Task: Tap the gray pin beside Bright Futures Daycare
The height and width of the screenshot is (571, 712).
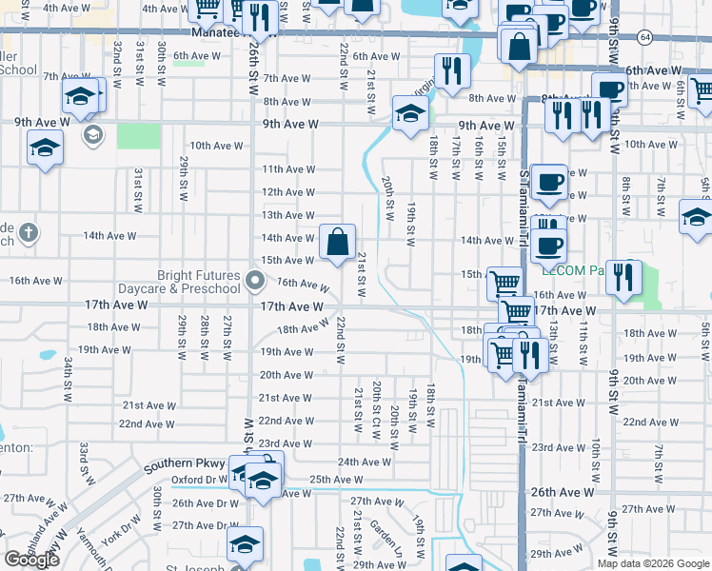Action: click(x=254, y=281)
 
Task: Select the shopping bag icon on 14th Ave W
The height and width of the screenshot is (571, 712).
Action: click(x=338, y=242)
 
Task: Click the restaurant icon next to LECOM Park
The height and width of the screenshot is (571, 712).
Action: click(x=624, y=277)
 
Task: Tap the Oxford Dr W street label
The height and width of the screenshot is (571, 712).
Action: click(x=196, y=480)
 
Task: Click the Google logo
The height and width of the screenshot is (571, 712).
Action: click(x=31, y=560)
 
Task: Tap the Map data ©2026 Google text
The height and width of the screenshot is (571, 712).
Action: click(x=653, y=563)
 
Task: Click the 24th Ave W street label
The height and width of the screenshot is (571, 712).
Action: click(x=365, y=462)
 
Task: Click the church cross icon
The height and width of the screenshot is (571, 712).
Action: click(x=30, y=232)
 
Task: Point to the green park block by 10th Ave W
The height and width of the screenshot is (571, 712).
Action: click(x=138, y=135)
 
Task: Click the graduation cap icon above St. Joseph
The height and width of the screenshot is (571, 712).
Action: click(x=244, y=545)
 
